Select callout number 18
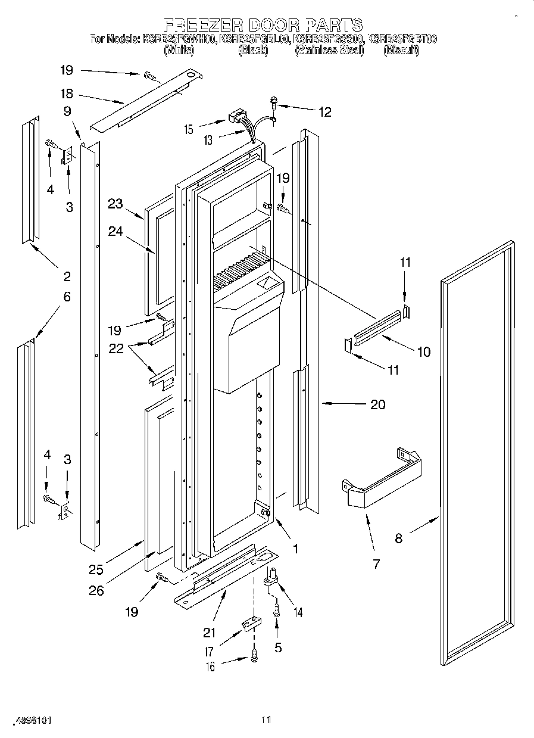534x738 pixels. pos(66,94)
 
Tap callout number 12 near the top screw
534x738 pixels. pos(325,111)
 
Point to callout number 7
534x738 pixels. pos(376,563)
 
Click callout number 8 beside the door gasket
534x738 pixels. pos(398,538)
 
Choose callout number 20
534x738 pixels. pos(377,405)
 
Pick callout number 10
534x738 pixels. pos(423,351)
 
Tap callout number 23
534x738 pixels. pos(115,204)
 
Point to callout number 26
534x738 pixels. pos(96,590)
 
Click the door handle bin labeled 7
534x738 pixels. pos(381,482)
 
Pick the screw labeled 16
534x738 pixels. pos(255,655)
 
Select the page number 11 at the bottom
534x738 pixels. pos(266,720)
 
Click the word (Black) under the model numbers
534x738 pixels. pos(254,51)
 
